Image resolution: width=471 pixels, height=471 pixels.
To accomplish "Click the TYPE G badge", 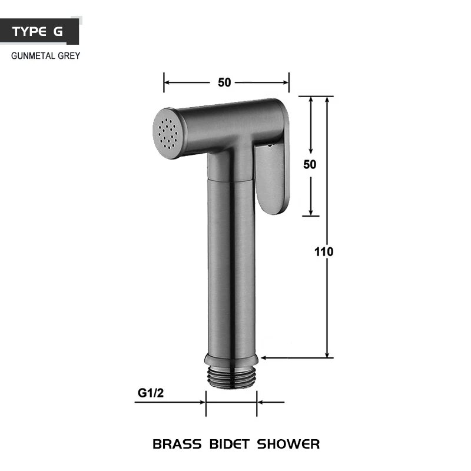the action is pos(39,31).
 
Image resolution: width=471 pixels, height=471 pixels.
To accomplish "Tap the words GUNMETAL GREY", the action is pos(46,56).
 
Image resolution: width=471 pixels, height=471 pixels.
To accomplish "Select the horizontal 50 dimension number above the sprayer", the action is pos(224,82).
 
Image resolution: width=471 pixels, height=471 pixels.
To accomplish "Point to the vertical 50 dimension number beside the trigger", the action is pos(310,164).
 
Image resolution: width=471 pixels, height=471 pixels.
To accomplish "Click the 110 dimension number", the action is pos(324,252).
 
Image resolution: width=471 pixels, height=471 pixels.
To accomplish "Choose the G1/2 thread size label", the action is pos(151,393).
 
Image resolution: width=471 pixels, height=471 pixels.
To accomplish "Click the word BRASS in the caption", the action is pos(177,445).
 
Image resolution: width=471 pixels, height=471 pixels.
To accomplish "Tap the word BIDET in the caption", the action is pos(229,445).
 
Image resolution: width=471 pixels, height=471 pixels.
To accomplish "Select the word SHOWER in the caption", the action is pos(288,445).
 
